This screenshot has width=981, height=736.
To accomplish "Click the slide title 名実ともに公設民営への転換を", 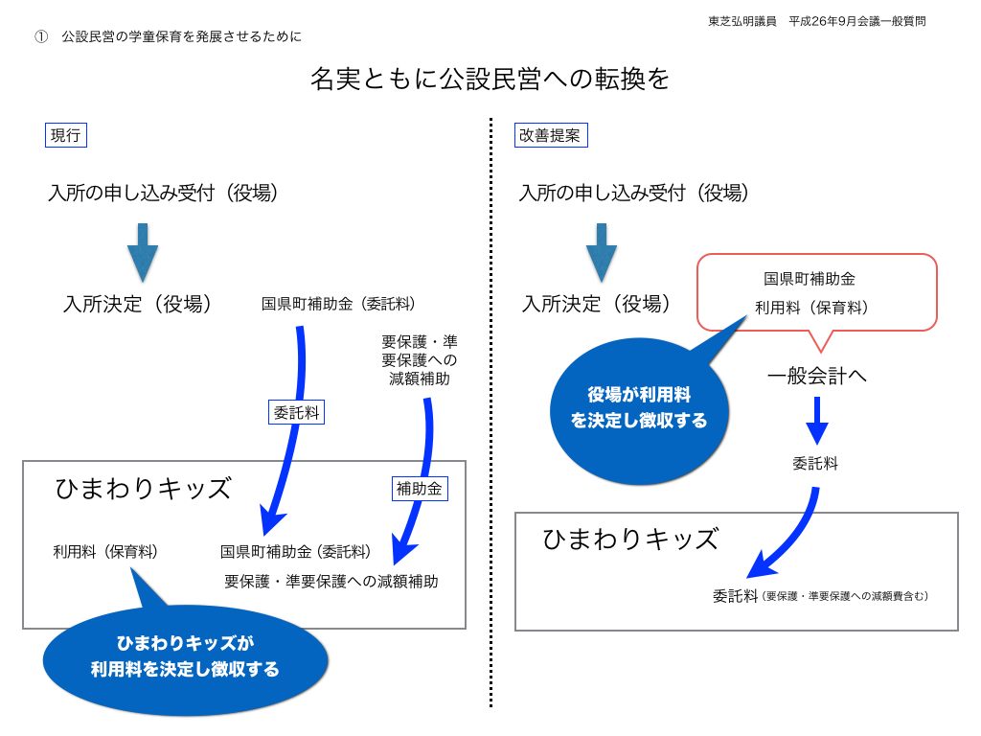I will (490, 79).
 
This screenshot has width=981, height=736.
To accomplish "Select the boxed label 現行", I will (65, 135).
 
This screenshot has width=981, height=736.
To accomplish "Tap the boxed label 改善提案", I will (550, 135).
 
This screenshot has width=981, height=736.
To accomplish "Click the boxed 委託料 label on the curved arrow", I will (296, 412).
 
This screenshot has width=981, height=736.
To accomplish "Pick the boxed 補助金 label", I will (420, 489).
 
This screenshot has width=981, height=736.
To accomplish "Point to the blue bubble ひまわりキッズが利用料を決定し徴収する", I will (185, 657).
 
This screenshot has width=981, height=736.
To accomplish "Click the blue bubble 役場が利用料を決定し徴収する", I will (639, 407).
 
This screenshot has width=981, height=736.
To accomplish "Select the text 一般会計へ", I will (816, 376).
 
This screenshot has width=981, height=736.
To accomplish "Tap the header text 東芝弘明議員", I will (742, 21).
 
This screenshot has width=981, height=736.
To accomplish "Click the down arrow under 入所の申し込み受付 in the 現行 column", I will (143, 252).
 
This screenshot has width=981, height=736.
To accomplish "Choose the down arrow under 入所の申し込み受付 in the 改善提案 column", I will (602, 252).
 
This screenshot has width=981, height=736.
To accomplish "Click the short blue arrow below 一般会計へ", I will (816, 420).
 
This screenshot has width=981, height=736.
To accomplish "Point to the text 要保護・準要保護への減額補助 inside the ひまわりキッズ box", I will (331, 581).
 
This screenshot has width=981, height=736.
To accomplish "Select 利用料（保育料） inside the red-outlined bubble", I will (810, 308).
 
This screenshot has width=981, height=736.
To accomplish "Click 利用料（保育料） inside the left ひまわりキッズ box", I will (105, 552).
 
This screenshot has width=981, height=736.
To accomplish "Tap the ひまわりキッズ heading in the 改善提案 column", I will (630, 539).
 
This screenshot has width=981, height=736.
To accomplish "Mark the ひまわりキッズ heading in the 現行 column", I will (144, 489).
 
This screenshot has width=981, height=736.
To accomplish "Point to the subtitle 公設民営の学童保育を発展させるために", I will (181, 37).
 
